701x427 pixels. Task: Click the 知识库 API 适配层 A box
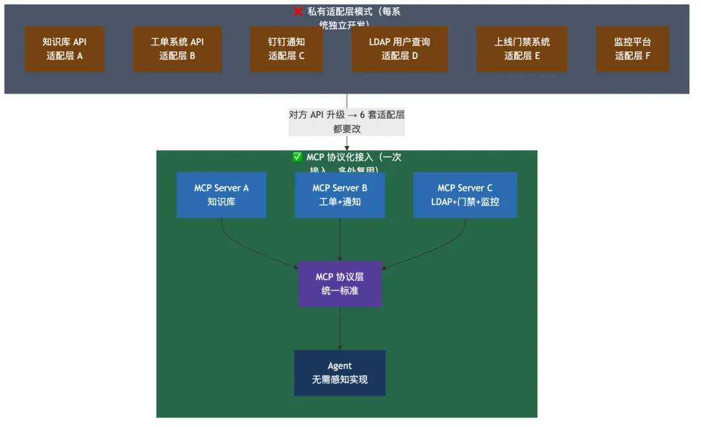[64, 49]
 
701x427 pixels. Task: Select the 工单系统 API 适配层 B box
[177, 49]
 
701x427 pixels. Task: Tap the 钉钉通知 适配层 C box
[286, 49]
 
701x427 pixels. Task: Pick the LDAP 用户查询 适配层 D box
[399, 49]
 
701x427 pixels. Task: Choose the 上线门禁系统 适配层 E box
[522, 49]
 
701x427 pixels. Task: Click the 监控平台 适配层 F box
[632, 49]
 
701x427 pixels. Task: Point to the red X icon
[298, 12]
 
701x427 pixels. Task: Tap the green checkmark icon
[298, 157]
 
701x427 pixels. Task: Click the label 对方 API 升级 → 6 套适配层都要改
[347, 122]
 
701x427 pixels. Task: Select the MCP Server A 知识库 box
[221, 195]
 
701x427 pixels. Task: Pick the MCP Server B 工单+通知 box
[339, 195]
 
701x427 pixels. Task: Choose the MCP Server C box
[465, 195]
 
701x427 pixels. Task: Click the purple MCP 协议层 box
[339, 284]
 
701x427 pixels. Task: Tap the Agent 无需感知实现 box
[339, 372]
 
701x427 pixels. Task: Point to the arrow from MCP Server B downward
[339, 240]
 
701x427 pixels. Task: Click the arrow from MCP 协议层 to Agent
[339, 328]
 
